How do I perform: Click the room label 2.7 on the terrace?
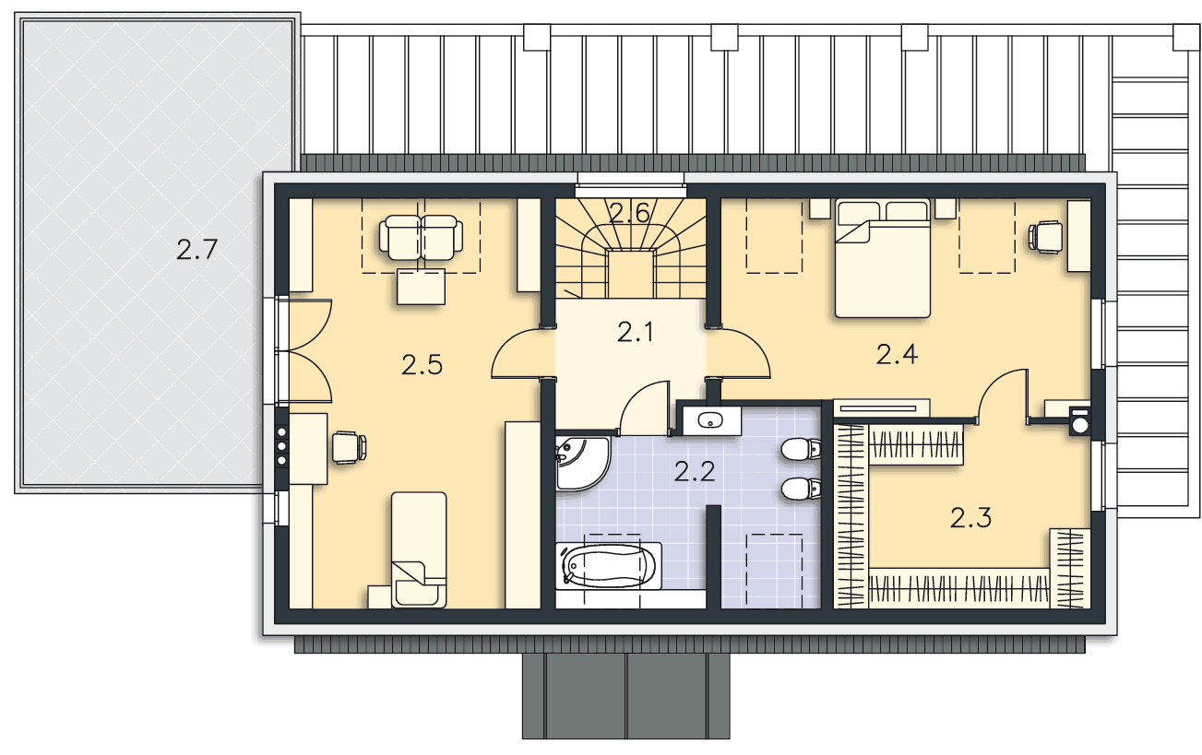196,250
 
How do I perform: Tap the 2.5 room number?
422,365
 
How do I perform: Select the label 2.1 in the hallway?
636,333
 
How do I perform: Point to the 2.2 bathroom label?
695,472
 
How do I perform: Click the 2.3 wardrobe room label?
970,518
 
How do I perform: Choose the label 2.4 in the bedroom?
897,354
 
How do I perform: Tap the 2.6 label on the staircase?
630,213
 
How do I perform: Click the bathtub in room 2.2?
609,566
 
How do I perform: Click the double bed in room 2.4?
883,258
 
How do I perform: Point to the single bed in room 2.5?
419,550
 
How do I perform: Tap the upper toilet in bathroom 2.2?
801,449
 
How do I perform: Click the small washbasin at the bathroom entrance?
710,420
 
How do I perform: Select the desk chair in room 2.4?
1045,237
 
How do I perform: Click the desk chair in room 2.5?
350,447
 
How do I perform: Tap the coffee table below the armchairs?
422,287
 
